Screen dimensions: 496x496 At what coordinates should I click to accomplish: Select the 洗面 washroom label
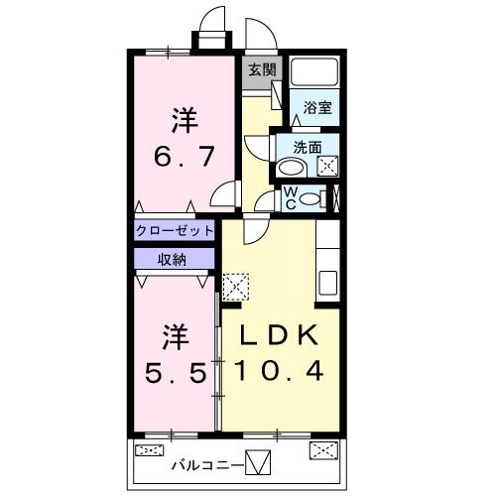click(x=308, y=147)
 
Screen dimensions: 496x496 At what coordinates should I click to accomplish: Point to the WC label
click(x=291, y=196)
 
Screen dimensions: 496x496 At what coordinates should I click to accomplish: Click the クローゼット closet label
click(x=176, y=230)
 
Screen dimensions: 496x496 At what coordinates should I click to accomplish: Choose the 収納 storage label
click(x=173, y=259)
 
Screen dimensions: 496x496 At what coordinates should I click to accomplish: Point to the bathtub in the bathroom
click(x=314, y=74)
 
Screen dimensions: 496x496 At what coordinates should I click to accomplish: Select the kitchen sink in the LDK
click(x=328, y=281)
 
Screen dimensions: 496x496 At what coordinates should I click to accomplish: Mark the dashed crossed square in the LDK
click(x=236, y=287)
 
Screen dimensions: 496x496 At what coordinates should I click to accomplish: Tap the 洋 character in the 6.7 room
click(x=184, y=122)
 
